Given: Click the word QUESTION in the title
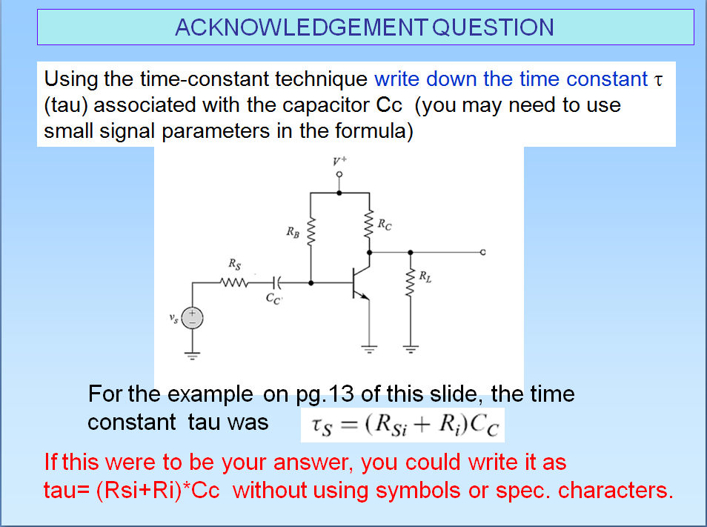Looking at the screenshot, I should pos(492,27).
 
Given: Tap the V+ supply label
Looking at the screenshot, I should pos(339,159).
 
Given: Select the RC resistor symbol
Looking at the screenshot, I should pos(368,222).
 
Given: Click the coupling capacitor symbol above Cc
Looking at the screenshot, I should pos(276,282).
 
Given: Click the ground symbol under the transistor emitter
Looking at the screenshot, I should pos(368,347).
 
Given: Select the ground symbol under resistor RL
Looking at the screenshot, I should pos(409,347).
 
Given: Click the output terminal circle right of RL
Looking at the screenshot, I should pos(482,253).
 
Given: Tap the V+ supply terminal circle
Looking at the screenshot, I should pos(339,175).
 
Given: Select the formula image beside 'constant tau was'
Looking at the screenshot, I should pos(402,425).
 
